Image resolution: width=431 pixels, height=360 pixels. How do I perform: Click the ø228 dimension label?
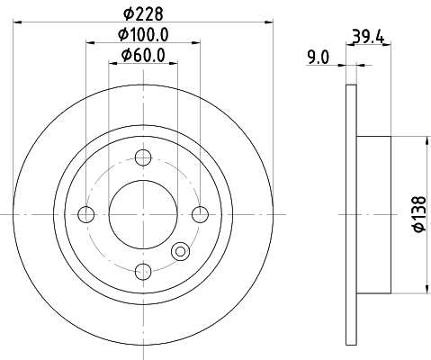141,13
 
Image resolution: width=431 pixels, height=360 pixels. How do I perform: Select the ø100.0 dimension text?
144,36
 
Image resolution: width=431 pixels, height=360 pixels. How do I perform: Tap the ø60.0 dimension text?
144,58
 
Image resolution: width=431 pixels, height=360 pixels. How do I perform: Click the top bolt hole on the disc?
142,158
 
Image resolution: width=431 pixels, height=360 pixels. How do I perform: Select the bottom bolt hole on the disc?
142,270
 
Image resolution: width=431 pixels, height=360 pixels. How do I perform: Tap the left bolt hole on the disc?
86,214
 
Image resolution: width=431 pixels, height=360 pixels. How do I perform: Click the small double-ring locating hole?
181,253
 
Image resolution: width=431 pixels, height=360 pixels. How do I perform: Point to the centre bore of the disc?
142,214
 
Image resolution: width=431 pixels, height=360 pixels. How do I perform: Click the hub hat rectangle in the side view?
373,213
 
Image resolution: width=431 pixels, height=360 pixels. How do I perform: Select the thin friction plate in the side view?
351,213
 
